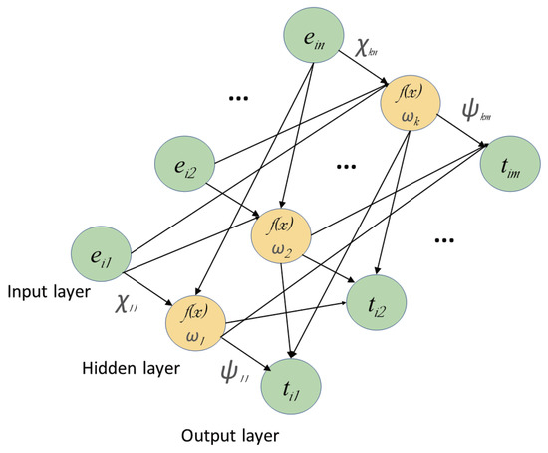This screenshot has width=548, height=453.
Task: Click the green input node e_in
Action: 313,39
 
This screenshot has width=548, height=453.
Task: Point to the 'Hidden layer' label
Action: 130,368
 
